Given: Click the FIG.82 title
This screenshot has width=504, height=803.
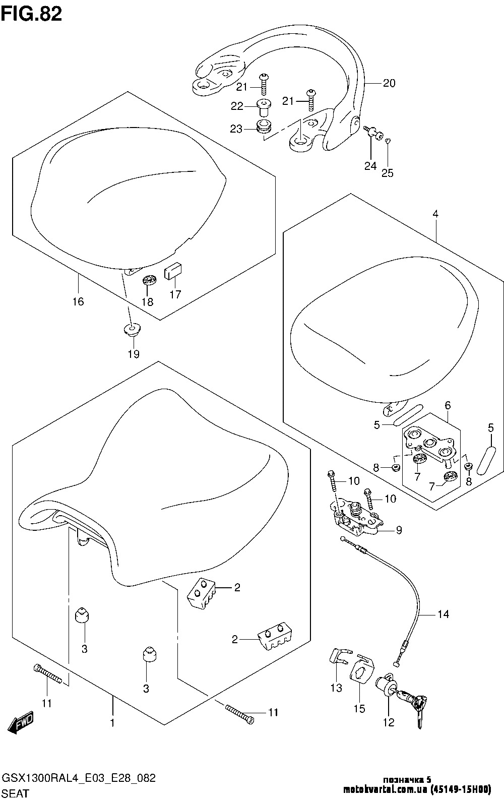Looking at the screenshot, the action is tap(32, 14).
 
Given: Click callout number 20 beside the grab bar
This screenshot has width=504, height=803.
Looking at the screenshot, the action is tap(389, 83).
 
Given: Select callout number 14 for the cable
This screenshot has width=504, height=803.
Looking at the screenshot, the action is tap(443, 614).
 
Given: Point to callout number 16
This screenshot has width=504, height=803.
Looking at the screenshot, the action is tap(78, 301).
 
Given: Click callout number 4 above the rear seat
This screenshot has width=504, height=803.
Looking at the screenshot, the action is tap(435, 214).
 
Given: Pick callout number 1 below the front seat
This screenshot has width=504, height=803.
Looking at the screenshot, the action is tap(112, 723).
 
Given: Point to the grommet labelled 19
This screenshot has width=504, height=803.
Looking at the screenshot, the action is tap(132, 329).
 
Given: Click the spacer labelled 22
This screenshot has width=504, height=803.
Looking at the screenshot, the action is tap(263, 108).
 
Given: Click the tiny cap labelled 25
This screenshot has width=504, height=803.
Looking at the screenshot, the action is tap(388, 141).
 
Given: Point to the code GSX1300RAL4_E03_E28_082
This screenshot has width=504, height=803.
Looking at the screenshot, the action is tap(79, 778).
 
